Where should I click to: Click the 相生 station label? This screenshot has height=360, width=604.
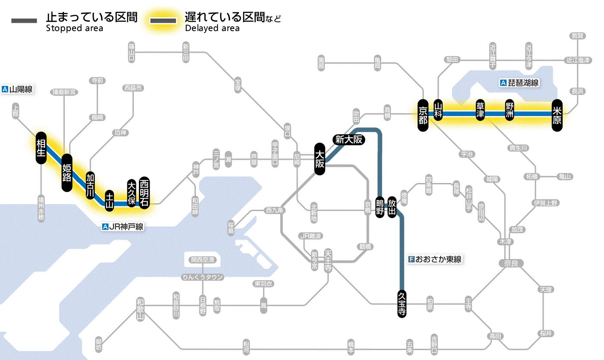(x=41, y=148)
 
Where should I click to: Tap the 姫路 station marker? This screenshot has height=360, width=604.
(x=67, y=173)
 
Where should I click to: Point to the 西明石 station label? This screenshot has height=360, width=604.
(x=144, y=193)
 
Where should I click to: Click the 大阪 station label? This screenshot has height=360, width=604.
(x=320, y=159)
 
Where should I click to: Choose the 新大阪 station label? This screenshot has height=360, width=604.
(x=349, y=139)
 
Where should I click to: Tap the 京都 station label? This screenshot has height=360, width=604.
(x=423, y=114)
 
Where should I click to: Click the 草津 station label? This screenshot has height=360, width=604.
(x=480, y=111)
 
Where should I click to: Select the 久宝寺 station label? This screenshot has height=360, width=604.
(x=402, y=304)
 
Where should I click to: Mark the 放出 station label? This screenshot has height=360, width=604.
(x=392, y=207)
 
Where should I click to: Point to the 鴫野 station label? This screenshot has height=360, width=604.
(x=380, y=207)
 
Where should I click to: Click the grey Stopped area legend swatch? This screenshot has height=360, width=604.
(x=25, y=21)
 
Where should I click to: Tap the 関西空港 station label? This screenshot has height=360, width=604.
(x=203, y=260)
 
